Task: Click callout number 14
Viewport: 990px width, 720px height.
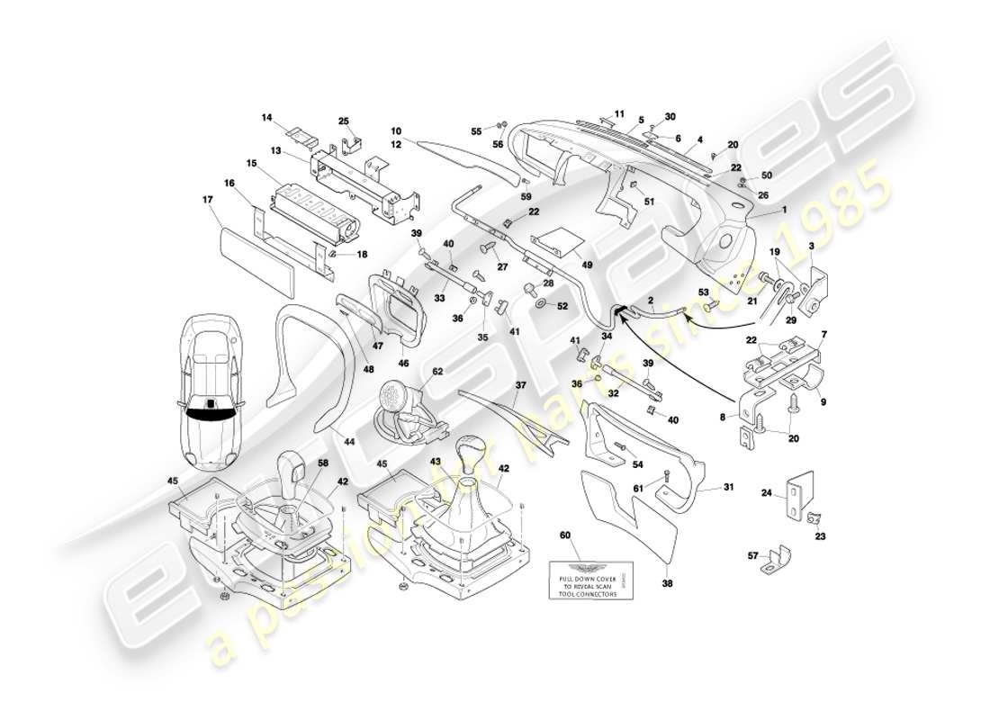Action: click(x=266, y=117)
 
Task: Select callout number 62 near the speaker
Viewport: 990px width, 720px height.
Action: click(x=437, y=371)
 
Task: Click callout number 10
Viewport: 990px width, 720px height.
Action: click(x=396, y=131)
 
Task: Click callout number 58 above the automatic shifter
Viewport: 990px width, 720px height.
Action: click(x=322, y=463)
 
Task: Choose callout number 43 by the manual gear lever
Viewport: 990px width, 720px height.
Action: click(x=436, y=462)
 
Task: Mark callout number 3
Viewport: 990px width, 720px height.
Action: click(x=812, y=246)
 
